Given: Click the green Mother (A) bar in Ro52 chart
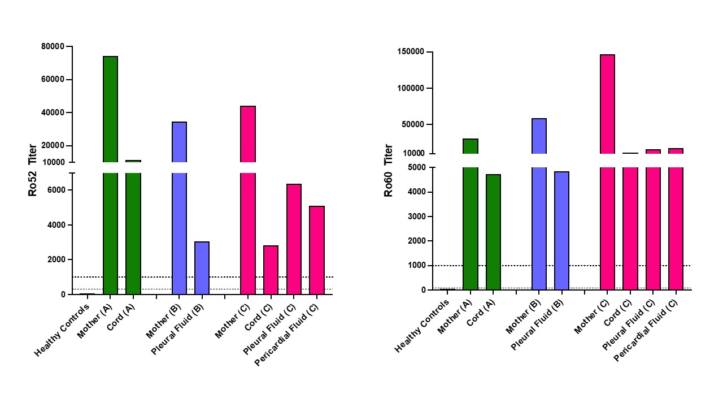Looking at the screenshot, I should pyautogui.click(x=111, y=170).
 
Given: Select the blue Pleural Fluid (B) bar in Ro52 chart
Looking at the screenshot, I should pyautogui.click(x=202, y=268).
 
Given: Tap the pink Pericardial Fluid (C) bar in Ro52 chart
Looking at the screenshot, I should pyautogui.click(x=317, y=250).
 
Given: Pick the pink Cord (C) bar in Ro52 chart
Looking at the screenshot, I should pyautogui.click(x=271, y=270).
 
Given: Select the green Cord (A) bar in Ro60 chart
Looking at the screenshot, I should pyautogui.click(x=493, y=232).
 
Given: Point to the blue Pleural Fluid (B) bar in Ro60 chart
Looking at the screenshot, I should pyautogui.click(x=561, y=231).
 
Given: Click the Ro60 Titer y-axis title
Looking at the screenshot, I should pyautogui.click(x=389, y=170).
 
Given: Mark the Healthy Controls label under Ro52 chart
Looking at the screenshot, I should pyautogui.click(x=63, y=330).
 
